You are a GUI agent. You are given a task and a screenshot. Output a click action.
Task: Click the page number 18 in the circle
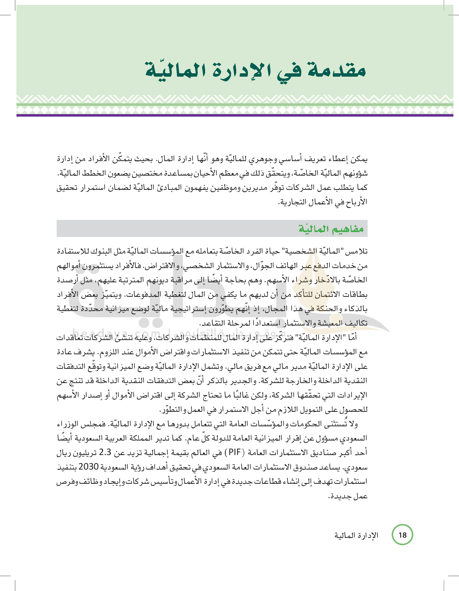click(402, 535)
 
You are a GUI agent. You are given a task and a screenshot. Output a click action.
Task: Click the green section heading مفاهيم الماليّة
click(331, 229)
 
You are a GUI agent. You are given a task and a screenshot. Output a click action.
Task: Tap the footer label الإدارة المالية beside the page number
click(356, 535)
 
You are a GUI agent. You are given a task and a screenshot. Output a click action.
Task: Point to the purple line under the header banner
click(235, 115)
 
